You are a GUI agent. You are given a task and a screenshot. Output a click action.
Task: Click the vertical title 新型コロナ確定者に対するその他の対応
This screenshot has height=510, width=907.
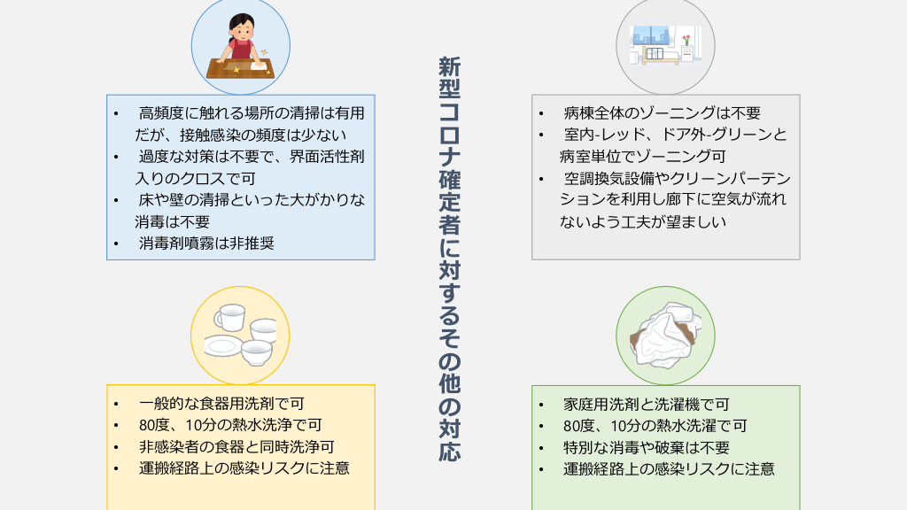(449, 259)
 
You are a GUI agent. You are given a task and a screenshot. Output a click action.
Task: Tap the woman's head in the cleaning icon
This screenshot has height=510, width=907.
(242, 27)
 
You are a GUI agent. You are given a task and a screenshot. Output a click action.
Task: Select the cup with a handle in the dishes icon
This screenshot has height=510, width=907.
(229, 318)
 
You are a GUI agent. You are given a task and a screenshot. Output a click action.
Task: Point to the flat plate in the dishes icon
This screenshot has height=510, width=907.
(222, 347)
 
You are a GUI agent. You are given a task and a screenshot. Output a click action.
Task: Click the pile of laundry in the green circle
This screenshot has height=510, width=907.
(665, 336)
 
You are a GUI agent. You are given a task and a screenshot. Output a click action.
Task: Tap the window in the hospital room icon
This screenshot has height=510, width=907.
(652, 35)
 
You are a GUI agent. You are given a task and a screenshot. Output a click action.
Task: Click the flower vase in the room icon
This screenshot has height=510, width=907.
(686, 42)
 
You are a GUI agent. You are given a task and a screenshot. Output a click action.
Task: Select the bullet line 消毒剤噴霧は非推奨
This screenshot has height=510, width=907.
(206, 243)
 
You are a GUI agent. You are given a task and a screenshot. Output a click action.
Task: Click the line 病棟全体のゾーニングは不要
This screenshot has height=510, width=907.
(662, 113)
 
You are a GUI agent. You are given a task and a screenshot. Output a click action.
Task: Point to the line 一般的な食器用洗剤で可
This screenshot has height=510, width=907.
(221, 404)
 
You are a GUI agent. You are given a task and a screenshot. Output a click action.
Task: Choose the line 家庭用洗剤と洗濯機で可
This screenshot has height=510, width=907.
(646, 404)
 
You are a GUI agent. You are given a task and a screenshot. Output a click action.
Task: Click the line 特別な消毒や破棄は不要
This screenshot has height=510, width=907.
(646, 447)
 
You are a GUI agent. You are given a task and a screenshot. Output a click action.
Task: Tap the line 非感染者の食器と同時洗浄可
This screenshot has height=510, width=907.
(236, 447)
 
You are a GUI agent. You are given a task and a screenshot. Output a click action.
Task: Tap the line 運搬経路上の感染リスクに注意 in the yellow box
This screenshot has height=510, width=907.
(244, 468)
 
